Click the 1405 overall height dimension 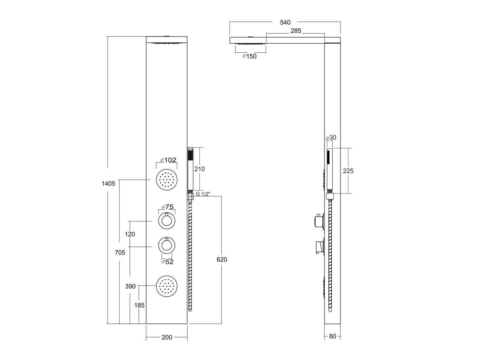point(108,183)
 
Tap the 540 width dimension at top point(285,22)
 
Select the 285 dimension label point(296,31)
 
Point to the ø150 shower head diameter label point(249,56)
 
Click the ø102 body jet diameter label point(169,160)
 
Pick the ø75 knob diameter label point(168,207)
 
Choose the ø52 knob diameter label point(167,262)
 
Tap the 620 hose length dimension point(222,259)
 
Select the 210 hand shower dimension point(199,169)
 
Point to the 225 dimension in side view point(348,171)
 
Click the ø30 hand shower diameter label point(331,138)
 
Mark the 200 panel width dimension point(167,337)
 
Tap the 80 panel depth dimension point(333,336)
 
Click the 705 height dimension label point(120,252)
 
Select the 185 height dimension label point(139,305)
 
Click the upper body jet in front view point(167,180)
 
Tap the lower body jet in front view point(167,286)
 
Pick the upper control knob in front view point(166,221)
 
